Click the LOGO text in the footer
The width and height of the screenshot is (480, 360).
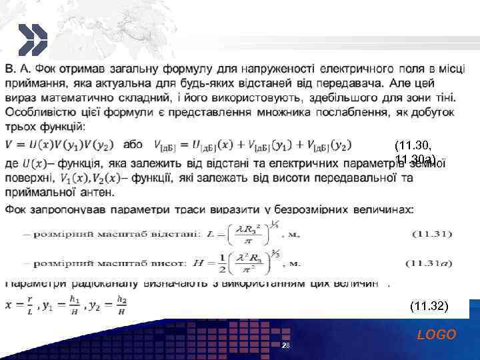tap(437, 335)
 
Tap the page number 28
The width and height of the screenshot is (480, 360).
tap(285, 346)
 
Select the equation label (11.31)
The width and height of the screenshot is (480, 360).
tap(433, 234)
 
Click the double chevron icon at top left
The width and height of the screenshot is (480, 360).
tap(32, 39)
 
